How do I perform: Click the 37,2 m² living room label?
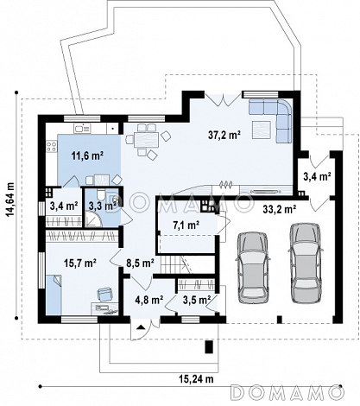[x=224, y=135]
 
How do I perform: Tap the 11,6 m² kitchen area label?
[x=87, y=155]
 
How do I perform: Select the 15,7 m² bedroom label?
[x=80, y=263]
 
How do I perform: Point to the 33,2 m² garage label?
[x=279, y=210]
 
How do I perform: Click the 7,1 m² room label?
[x=186, y=225]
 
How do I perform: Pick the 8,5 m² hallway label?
[x=140, y=263]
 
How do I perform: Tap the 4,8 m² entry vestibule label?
[x=149, y=301]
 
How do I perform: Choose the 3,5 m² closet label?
[x=196, y=301]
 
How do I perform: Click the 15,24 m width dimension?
[x=197, y=379]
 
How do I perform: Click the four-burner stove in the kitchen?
[x=52, y=146]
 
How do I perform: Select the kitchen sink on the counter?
[x=82, y=128]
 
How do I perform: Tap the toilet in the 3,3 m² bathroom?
[x=101, y=195]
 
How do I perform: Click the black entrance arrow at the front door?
[x=141, y=327]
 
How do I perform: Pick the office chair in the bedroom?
[x=104, y=294]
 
